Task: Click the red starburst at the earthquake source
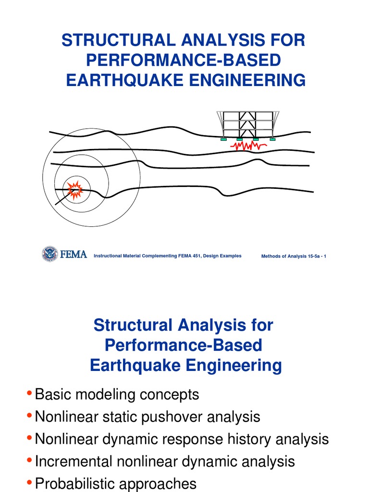point(75,190)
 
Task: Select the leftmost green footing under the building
point(223,139)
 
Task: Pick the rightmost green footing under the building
point(272,139)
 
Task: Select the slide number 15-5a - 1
point(314,256)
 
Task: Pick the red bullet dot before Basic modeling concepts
point(30,394)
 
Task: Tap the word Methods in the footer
point(271,256)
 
